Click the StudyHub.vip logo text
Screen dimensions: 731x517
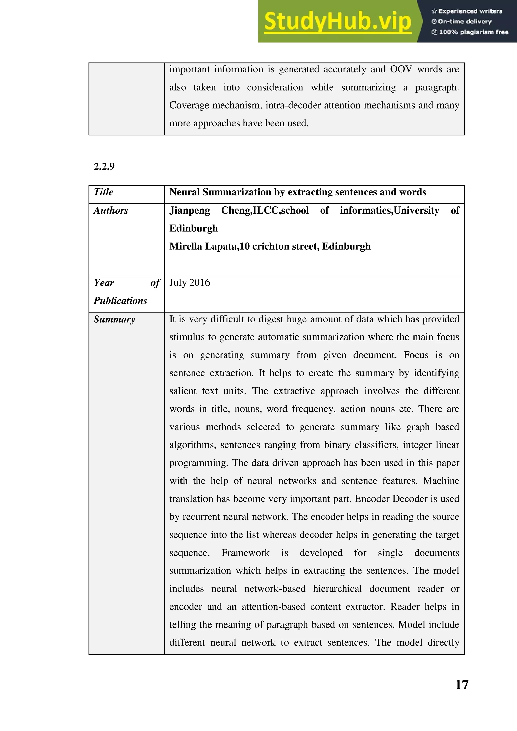338,22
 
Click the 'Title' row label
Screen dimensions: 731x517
104,192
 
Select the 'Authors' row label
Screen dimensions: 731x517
111,211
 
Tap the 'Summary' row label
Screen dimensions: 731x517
114,319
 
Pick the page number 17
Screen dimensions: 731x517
462,685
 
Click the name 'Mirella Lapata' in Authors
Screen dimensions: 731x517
203,246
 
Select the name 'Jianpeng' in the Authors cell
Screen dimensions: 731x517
189,211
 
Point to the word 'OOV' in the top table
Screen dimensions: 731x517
401,69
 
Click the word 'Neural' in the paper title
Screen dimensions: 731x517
184,192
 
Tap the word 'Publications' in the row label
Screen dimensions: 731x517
120,301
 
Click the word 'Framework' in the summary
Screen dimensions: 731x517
245,553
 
